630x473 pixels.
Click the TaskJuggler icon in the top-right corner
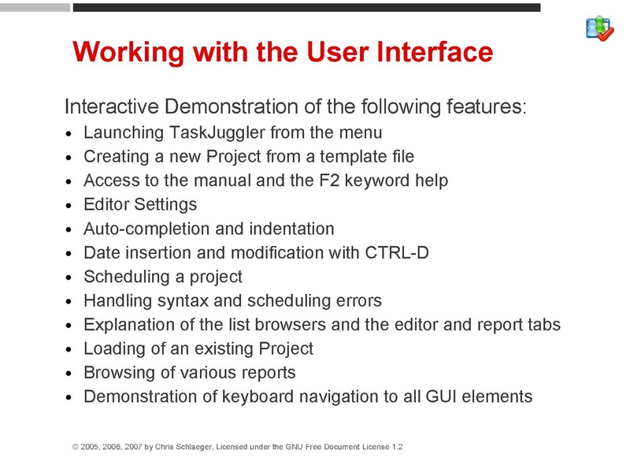600,28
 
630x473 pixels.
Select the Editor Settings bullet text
140,204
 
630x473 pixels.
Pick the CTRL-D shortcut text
398,252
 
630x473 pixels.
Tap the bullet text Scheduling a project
162,277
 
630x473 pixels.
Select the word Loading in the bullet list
114,348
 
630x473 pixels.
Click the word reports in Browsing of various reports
269,372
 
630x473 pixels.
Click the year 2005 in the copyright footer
91,447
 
